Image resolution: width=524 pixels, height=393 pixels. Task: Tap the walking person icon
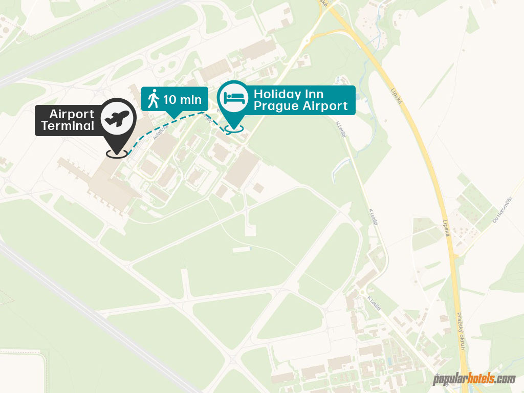[153, 98]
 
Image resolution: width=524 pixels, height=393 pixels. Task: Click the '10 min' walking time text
[182, 99]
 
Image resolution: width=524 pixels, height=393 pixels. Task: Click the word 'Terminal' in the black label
[68, 126]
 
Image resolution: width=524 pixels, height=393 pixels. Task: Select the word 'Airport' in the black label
[72, 114]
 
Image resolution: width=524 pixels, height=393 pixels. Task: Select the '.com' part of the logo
[505, 379]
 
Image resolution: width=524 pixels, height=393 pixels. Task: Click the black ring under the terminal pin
[117, 153]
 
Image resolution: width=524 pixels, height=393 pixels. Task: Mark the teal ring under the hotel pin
[235, 129]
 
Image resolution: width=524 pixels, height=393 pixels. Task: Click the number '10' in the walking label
[170, 99]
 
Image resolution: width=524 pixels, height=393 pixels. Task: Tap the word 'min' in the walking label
[190, 99]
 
